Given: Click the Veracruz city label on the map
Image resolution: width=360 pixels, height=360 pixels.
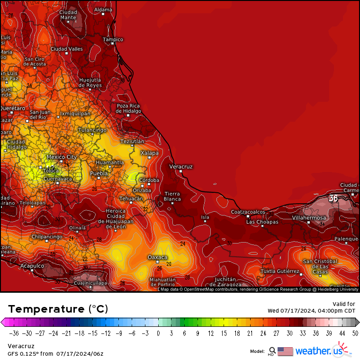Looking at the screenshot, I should tap(180, 167).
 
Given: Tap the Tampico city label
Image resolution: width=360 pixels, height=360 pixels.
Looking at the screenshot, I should tap(113, 39).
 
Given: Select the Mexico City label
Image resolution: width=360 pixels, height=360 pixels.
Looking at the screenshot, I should tap(62, 157).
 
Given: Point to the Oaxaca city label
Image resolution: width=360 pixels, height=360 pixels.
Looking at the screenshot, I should tap(157, 257).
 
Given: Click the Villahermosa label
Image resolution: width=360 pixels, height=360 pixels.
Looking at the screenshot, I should tap(309, 218).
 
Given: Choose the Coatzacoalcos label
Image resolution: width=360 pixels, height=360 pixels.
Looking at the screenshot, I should tap(248, 212).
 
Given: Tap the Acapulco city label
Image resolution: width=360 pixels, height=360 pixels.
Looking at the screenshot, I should tap(32, 266).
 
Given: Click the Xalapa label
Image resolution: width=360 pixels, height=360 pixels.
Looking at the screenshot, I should tap(149, 153).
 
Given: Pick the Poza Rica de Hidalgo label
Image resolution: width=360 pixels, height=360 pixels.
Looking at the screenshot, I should tap(128, 108).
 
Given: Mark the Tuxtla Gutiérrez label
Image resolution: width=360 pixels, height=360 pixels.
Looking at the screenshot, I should tap(280, 271).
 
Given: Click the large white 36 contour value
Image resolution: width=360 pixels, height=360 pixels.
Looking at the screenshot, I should tap(333, 198).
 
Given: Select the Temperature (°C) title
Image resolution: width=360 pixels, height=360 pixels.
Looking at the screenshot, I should tap(58, 309).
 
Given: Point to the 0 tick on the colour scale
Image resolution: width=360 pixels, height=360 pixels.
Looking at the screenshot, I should tap(158, 333).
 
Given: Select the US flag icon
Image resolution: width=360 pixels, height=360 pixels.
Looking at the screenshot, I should tap(285, 351).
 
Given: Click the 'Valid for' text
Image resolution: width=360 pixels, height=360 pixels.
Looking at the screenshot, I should tap(344, 304).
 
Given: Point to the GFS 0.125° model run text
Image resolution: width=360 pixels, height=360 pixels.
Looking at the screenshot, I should tap(56, 353).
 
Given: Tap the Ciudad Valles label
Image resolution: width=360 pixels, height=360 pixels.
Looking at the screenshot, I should tap(66, 49).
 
